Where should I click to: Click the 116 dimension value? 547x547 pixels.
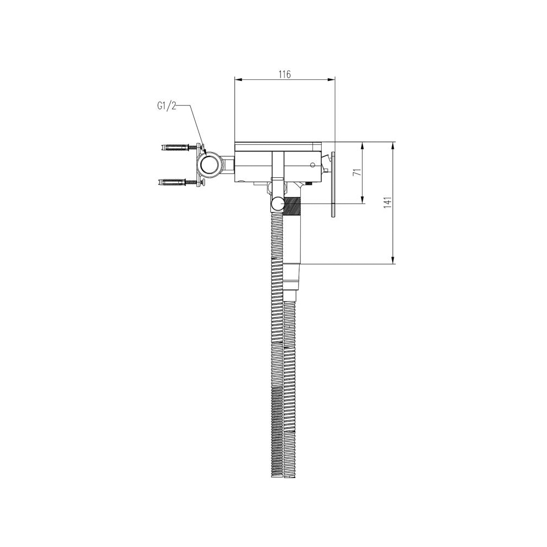(284, 74)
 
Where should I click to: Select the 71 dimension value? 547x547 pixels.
(357, 172)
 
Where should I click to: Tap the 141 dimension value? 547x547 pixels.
(388, 203)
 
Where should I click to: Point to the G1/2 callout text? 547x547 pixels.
(167, 106)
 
